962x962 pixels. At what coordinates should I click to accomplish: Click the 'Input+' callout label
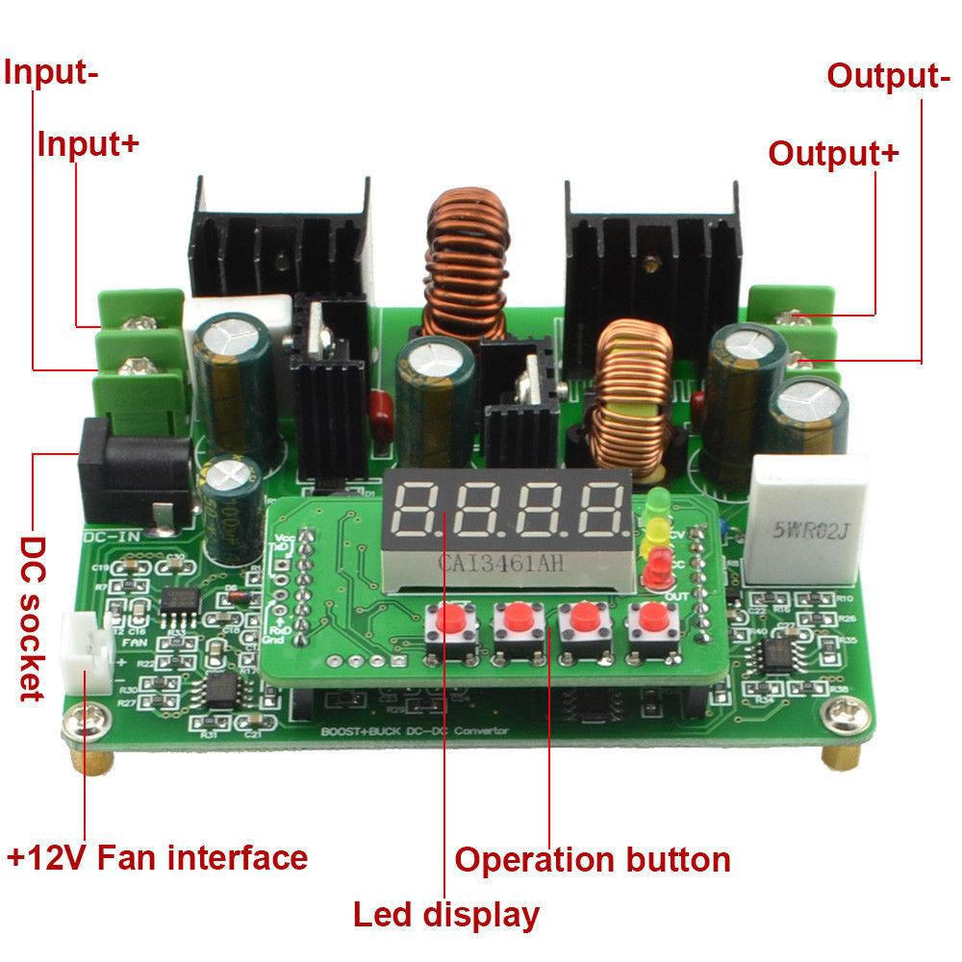click(89, 143)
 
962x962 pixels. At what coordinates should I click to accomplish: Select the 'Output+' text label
click(833, 153)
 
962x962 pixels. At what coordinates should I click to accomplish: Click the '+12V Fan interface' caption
click(158, 855)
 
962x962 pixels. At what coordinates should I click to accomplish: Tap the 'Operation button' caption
click(593, 858)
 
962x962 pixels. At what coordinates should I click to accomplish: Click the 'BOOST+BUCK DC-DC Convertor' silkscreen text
click(414, 732)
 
